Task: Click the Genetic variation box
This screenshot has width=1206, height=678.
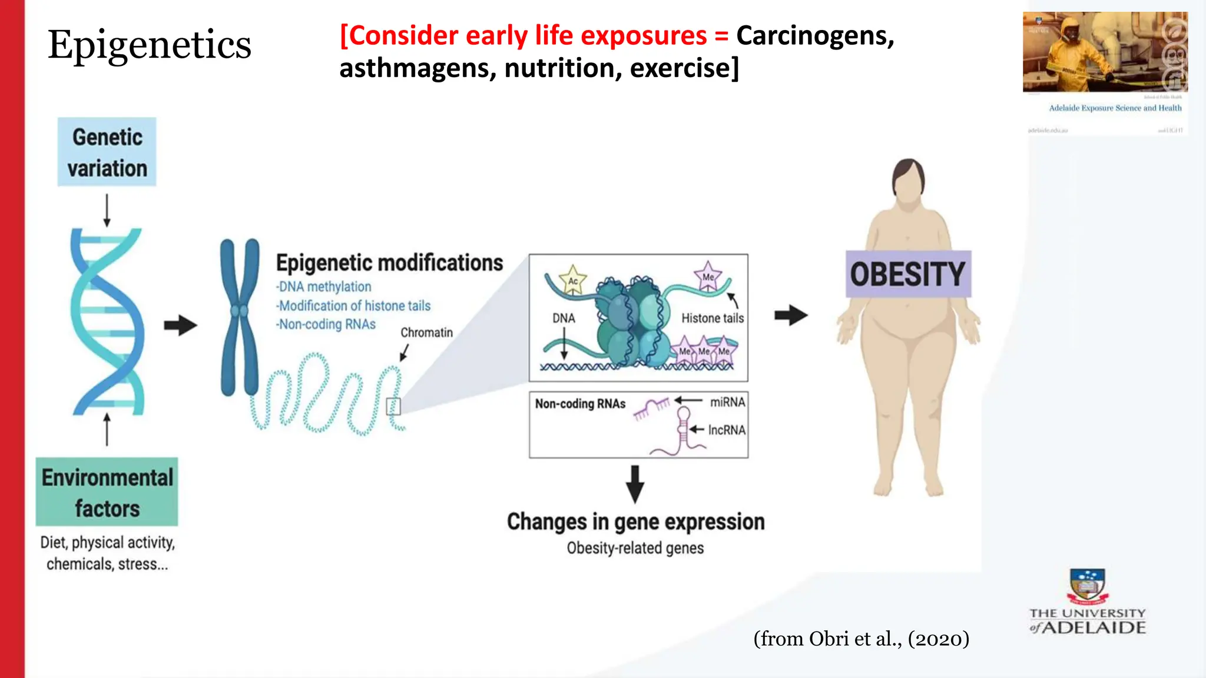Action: [x=107, y=152]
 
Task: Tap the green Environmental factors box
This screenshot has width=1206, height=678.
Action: [x=107, y=491]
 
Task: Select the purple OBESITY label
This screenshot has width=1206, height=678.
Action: [x=908, y=274]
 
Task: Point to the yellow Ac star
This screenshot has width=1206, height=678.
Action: [x=572, y=280]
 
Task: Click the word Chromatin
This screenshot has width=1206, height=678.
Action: [x=426, y=333]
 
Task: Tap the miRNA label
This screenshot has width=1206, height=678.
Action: [x=727, y=402]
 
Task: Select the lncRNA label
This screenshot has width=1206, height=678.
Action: [x=727, y=430]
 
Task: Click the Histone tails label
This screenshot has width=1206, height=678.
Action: [x=713, y=318]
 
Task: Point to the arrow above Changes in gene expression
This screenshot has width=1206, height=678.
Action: [x=635, y=484]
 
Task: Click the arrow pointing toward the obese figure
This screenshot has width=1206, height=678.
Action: [x=791, y=315]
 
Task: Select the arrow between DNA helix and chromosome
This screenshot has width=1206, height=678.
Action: [x=180, y=325]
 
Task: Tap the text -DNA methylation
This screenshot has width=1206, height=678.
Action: [x=324, y=287]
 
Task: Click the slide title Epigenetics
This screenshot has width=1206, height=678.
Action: [x=150, y=45]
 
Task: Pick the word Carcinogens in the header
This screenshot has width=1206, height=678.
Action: [x=815, y=35]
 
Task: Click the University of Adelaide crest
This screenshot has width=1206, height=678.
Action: [x=1087, y=586]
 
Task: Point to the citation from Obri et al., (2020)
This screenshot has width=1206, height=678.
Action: [x=861, y=639]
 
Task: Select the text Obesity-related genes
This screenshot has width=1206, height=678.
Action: [x=635, y=548]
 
